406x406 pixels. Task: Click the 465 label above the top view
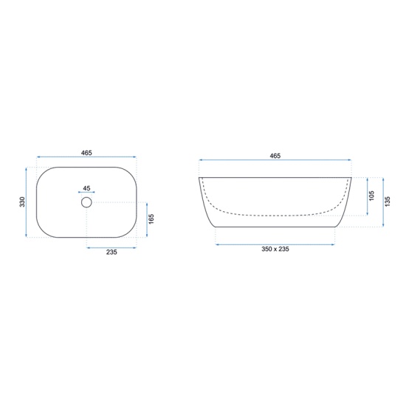(86, 153)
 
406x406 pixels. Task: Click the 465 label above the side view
(275, 156)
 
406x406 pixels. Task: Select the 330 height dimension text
(22, 202)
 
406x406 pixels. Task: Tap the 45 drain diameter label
(86, 188)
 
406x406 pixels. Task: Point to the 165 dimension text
(151, 219)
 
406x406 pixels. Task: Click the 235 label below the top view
(111, 252)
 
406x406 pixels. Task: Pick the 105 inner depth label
(372, 196)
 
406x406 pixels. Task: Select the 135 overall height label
(388, 202)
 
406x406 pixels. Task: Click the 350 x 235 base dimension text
(275, 249)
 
